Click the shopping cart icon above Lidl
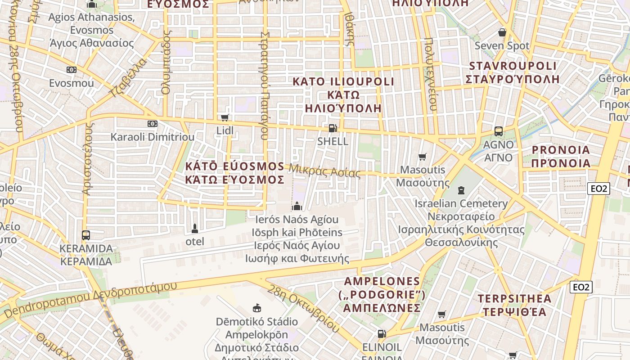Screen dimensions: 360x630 pyautogui.click(x=225, y=118)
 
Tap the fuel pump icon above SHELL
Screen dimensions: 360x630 pyautogui.click(x=333, y=128)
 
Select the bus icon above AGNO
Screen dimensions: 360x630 pyautogui.click(x=498, y=131)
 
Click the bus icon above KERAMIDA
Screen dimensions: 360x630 pyautogui.click(x=85, y=235)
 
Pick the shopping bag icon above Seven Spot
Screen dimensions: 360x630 pyautogui.click(x=502, y=32)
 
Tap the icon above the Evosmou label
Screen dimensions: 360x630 pyautogui.click(x=71, y=70)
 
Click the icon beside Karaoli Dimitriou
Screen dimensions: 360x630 pyautogui.click(x=153, y=124)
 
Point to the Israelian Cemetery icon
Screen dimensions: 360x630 pyautogui.click(x=461, y=190)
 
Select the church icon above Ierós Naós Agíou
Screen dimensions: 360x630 pyautogui.click(x=297, y=206)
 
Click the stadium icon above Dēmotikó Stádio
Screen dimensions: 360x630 pyautogui.click(x=257, y=308)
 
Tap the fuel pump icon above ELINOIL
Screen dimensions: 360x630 pyautogui.click(x=382, y=334)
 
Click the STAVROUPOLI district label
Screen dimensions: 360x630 pyautogui.click(x=513, y=66)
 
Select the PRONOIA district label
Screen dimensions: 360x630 pyautogui.click(x=561, y=150)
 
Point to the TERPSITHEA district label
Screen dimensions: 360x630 pyautogui.click(x=514, y=299)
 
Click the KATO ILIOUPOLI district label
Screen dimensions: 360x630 pyautogui.click(x=343, y=82)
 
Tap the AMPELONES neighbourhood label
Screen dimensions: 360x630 pyautogui.click(x=382, y=282)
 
